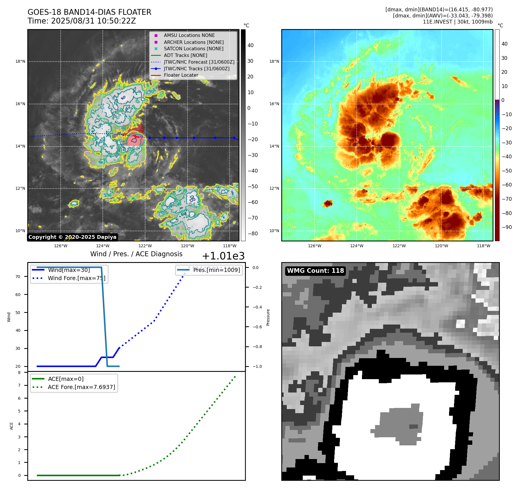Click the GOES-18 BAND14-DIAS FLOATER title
coord(89,12)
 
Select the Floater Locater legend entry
coord(181,75)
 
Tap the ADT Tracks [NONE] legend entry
coord(185,55)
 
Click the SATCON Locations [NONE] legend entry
coord(193,49)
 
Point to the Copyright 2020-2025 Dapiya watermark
coord(72,237)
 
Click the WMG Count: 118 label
coord(315,271)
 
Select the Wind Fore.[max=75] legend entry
coord(76,278)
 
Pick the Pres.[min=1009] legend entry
coord(216,270)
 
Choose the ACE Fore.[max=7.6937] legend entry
coord(81,387)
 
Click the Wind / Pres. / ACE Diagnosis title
coord(136,254)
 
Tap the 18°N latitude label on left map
coord(20,62)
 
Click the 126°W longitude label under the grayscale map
coord(61,246)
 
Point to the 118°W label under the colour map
coord(483,246)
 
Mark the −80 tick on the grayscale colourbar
coord(253,234)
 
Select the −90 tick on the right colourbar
coord(507,227)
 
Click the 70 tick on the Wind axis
coord(18,277)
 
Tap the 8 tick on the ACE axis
coord(19,372)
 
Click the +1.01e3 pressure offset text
coord(223,256)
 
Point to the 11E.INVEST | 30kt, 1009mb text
coord(457,22)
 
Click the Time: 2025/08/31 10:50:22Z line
coord(82,21)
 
